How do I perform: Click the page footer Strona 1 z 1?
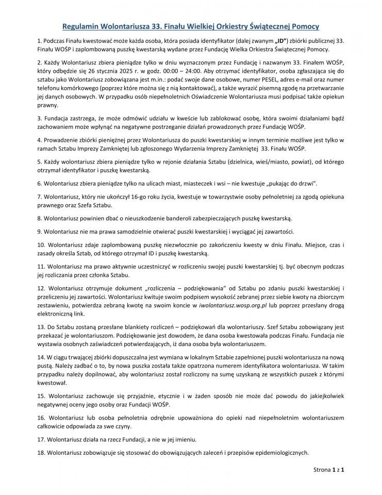click(x=328, y=485)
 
